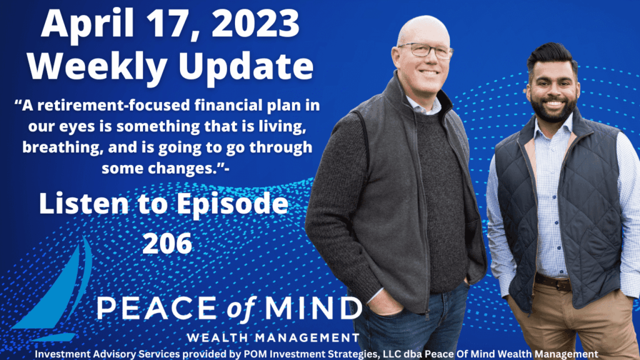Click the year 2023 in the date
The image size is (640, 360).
pos(256,24)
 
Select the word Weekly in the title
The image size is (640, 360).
pos(97,67)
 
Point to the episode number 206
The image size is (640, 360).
pos(167,243)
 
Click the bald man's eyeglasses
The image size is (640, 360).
pos(426,51)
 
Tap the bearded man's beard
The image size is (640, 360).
pos(553,109)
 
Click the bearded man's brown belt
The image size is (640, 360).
pos(553,282)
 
